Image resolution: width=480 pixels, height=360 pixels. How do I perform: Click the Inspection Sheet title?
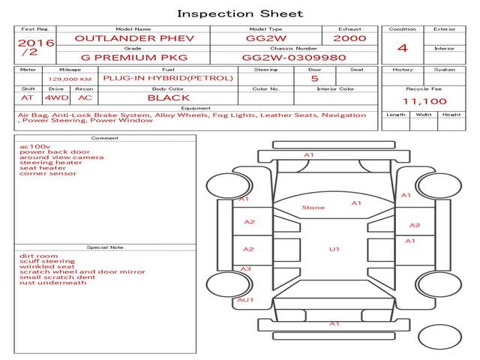(239, 13)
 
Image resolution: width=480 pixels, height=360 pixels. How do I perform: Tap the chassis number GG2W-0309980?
(294, 57)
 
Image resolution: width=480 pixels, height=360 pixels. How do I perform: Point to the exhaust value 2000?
(349, 38)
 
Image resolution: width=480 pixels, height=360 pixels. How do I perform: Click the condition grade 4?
(403, 48)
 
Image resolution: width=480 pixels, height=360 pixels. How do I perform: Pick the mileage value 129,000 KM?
(70, 79)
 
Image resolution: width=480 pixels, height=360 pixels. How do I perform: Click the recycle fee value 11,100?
(424, 101)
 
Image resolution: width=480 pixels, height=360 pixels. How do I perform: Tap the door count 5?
(314, 78)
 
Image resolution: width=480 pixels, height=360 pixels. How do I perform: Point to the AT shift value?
(28, 97)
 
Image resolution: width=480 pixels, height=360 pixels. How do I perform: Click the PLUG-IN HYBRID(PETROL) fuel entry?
(168, 78)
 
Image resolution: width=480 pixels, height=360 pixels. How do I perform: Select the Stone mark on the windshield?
(313, 207)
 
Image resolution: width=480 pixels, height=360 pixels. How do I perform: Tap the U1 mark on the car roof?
(334, 249)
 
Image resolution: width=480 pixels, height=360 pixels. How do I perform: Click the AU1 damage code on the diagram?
(245, 299)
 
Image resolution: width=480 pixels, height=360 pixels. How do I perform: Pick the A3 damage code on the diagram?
(245, 268)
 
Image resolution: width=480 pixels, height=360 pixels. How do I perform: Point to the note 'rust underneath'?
(53, 283)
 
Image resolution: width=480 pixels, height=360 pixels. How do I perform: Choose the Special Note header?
(105, 247)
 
